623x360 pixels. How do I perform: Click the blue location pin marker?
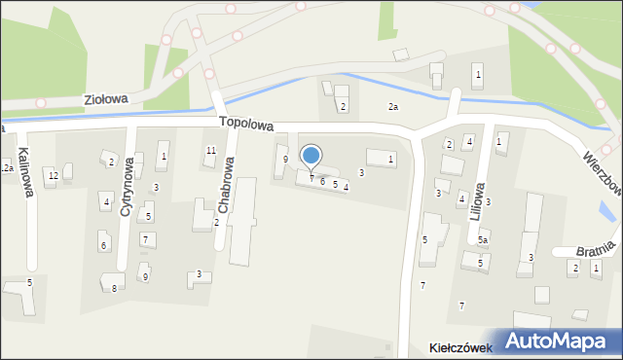311,157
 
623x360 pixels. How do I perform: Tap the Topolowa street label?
246,125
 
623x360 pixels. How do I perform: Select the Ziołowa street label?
107,99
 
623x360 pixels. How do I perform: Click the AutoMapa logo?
559,341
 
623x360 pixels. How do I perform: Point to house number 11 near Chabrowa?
210,150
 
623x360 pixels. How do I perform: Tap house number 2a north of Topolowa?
393,106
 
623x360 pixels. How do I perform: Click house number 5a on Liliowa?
482,239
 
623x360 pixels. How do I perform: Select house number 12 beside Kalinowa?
54,175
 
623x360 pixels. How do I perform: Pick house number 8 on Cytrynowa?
115,288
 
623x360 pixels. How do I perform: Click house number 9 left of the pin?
285,159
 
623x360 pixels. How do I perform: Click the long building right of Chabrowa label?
242,222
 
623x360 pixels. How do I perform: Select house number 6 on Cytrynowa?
103,245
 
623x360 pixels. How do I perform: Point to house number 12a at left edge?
6,168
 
